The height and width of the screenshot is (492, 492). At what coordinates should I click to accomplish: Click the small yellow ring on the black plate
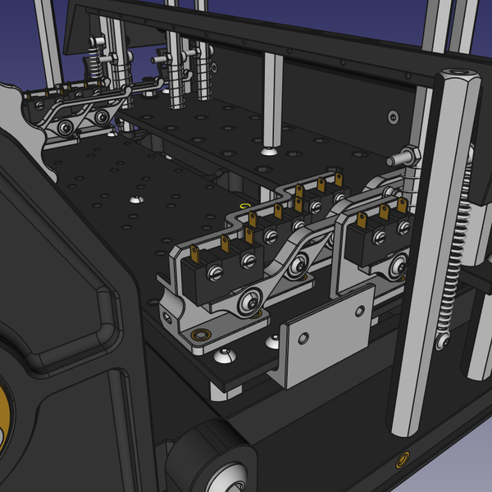coord(243,204)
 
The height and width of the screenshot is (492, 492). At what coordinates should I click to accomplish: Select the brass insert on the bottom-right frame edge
coord(403,458)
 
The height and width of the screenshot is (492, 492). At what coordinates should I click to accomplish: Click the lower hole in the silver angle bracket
coord(303,339)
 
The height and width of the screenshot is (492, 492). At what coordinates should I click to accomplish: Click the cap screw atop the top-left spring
coord(98,43)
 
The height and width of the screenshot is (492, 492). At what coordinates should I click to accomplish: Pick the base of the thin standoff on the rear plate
coord(270,151)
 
